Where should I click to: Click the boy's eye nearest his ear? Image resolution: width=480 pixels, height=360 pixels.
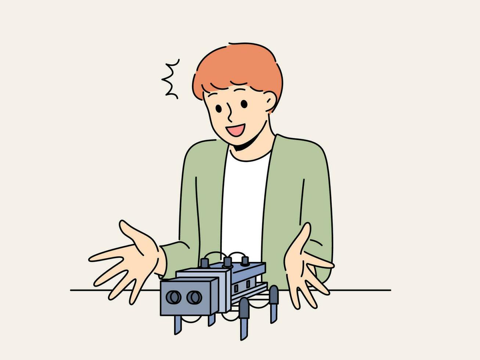(x=244, y=104)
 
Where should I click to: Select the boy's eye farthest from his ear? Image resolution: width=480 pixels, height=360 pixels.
(x=219, y=109)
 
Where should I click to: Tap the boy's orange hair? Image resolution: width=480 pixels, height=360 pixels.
(x=239, y=70)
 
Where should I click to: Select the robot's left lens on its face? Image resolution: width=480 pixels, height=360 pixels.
(x=172, y=296)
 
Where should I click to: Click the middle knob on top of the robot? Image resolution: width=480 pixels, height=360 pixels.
(x=228, y=262)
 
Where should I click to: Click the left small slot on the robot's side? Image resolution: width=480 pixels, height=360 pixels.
(x=237, y=286)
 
